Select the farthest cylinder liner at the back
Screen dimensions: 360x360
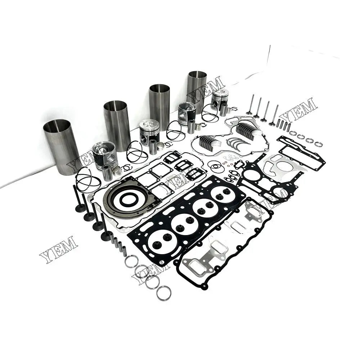pos(197,90)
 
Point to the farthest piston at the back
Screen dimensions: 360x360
pos(220,99)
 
